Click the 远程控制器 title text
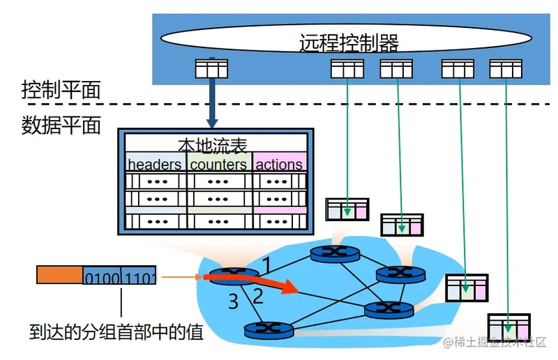click(349, 43)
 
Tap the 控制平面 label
click(61, 89)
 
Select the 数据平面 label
click(61, 125)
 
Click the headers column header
click(154, 164)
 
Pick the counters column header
click(218, 164)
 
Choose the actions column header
click(279, 164)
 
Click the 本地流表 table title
click(212, 146)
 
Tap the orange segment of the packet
click(60, 275)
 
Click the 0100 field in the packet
click(102, 276)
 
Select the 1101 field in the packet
click(139, 276)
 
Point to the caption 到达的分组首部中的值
click(116, 332)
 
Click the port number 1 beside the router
click(267, 265)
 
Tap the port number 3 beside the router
click(233, 301)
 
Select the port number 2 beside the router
click(257, 297)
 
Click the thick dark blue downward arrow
click(212, 93)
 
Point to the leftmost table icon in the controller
click(211, 69)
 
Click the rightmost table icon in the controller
click(506, 69)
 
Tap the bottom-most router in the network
click(269, 330)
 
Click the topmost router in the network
click(335, 254)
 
